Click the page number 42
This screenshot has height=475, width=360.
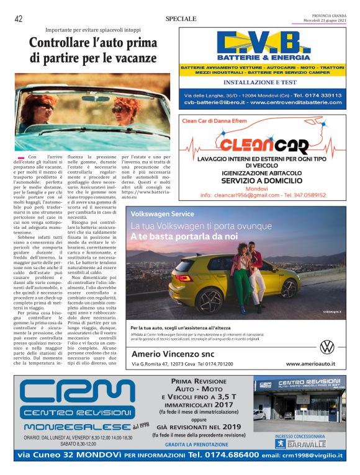coord(19,19)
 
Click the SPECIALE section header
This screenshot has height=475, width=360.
coord(181,19)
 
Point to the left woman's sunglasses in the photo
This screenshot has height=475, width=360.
coord(48,107)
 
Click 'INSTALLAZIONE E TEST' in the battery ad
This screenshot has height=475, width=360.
coord(260,82)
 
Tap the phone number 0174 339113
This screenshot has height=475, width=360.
coord(317,95)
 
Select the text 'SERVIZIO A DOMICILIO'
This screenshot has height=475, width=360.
coord(261,180)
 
